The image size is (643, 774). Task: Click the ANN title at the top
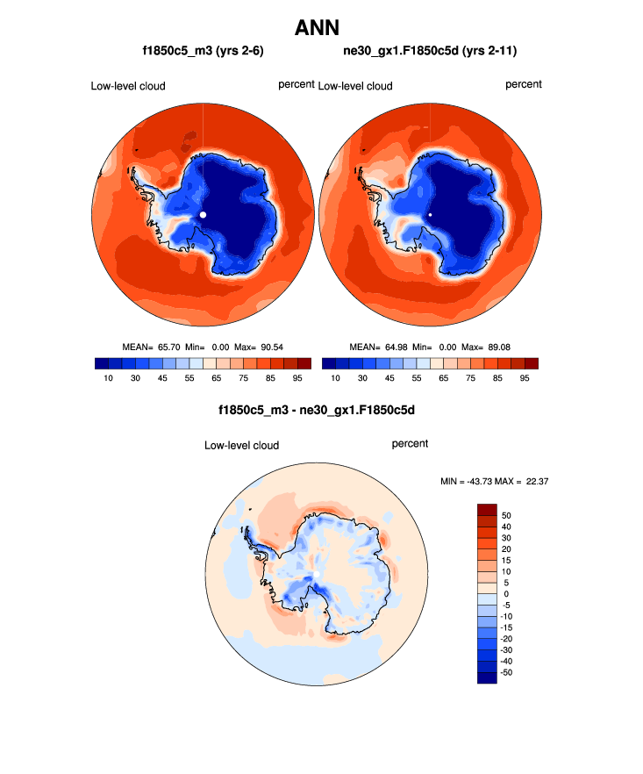pos(322,27)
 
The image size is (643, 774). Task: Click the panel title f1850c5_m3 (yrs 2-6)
pos(204,52)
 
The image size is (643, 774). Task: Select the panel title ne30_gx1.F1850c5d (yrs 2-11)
pos(431,52)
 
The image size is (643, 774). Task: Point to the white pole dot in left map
pos(203,214)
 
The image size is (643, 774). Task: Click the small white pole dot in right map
pos(431,214)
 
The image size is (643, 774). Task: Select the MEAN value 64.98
pos(393,347)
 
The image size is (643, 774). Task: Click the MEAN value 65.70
pos(164,347)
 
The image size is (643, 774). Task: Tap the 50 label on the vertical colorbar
pos(506,516)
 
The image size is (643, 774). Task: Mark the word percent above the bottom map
pos(410,444)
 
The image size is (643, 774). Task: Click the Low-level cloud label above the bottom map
pos(241,445)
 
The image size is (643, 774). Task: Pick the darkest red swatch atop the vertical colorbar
pos(487,510)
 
